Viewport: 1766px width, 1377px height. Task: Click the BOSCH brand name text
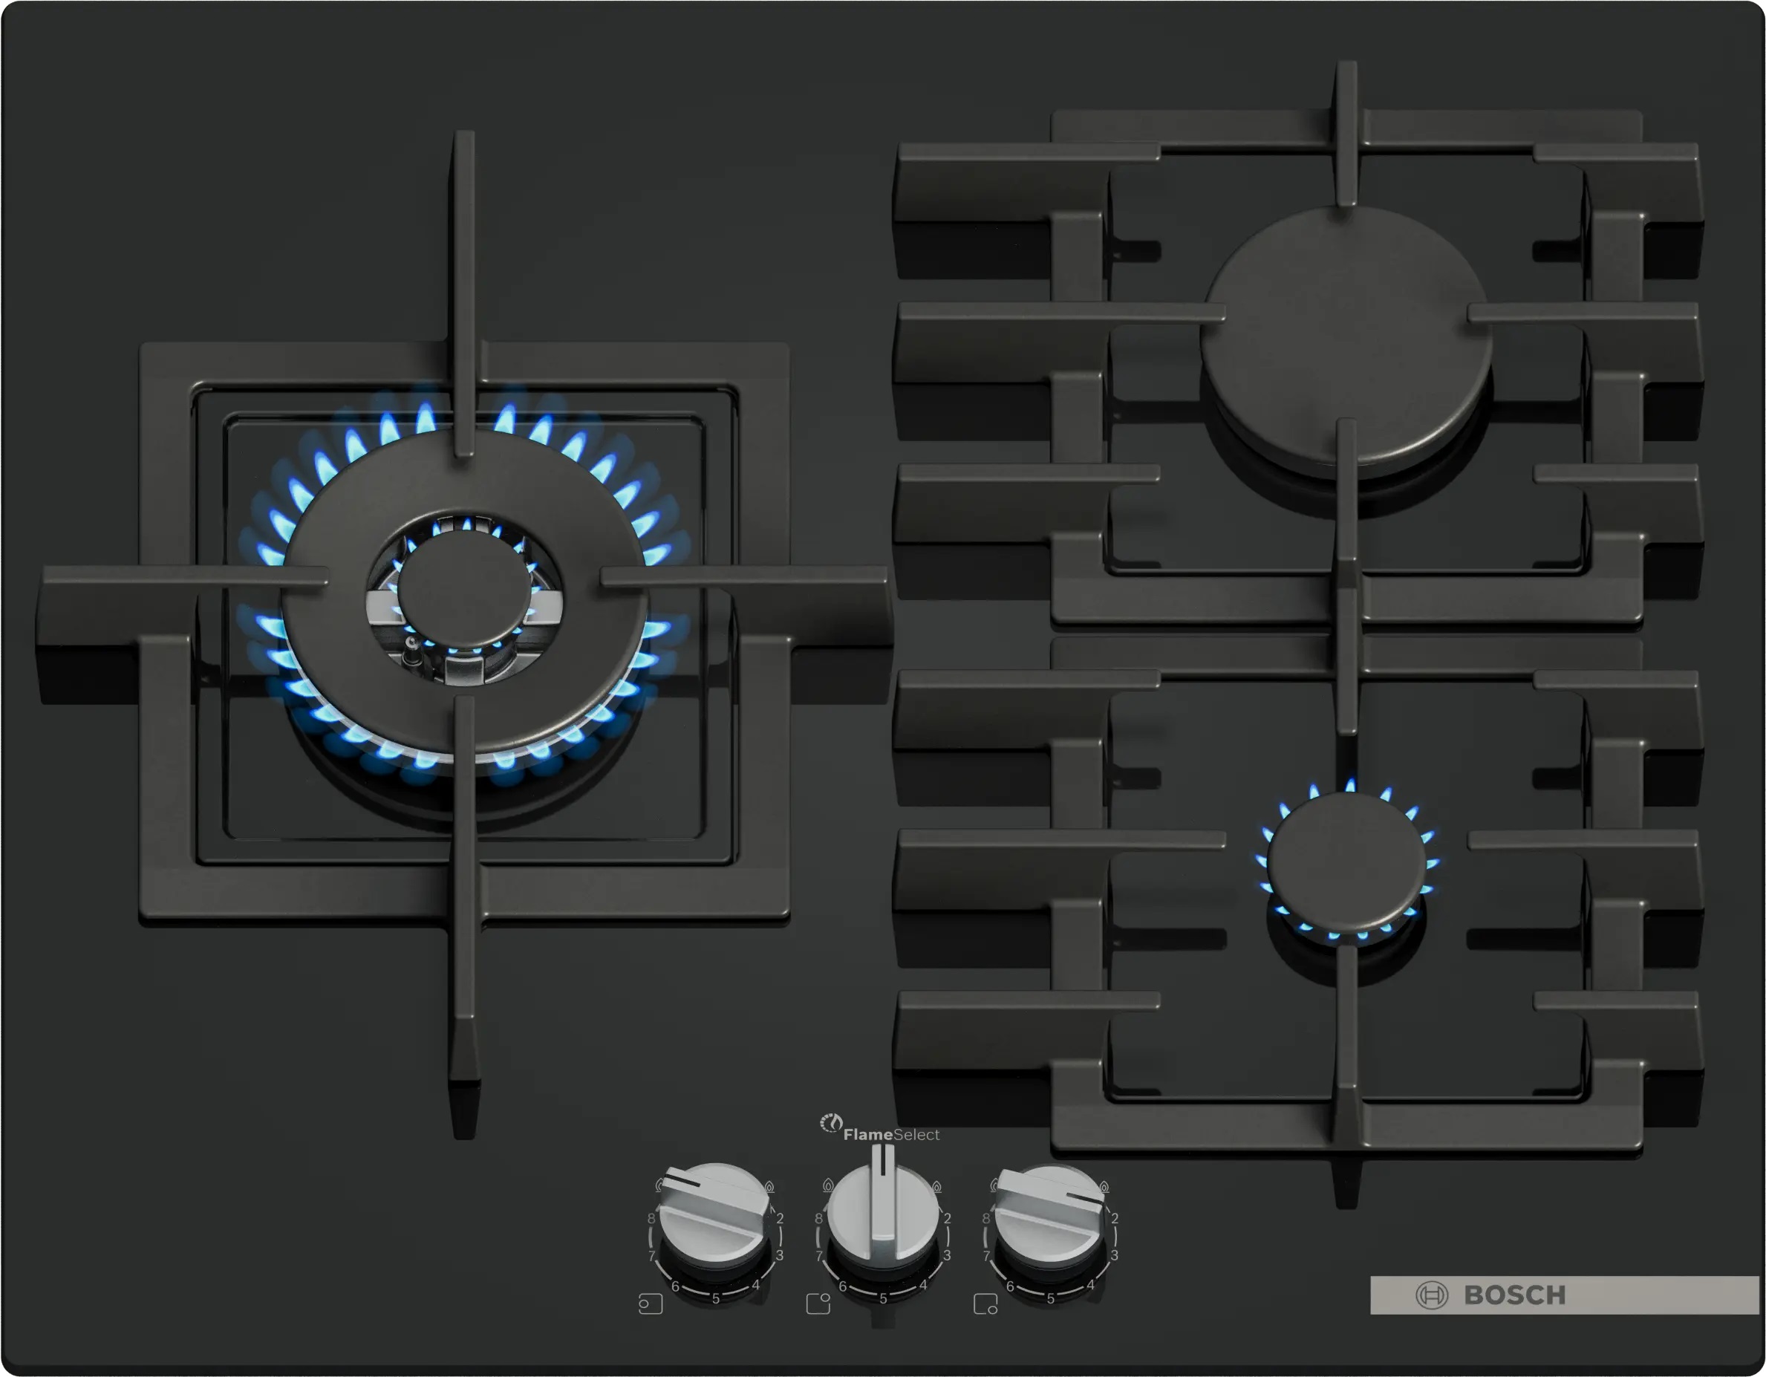(1514, 1295)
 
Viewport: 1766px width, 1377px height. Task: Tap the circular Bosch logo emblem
(1431, 1295)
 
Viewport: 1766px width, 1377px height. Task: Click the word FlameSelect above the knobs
(891, 1134)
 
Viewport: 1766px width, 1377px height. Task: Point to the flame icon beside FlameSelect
(830, 1123)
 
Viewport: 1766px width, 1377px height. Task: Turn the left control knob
(713, 1212)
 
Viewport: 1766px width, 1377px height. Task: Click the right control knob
(1049, 1212)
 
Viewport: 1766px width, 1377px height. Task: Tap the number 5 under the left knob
(716, 1298)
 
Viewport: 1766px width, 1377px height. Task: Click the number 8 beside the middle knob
(818, 1218)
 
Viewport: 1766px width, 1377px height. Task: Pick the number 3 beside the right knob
(1114, 1255)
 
